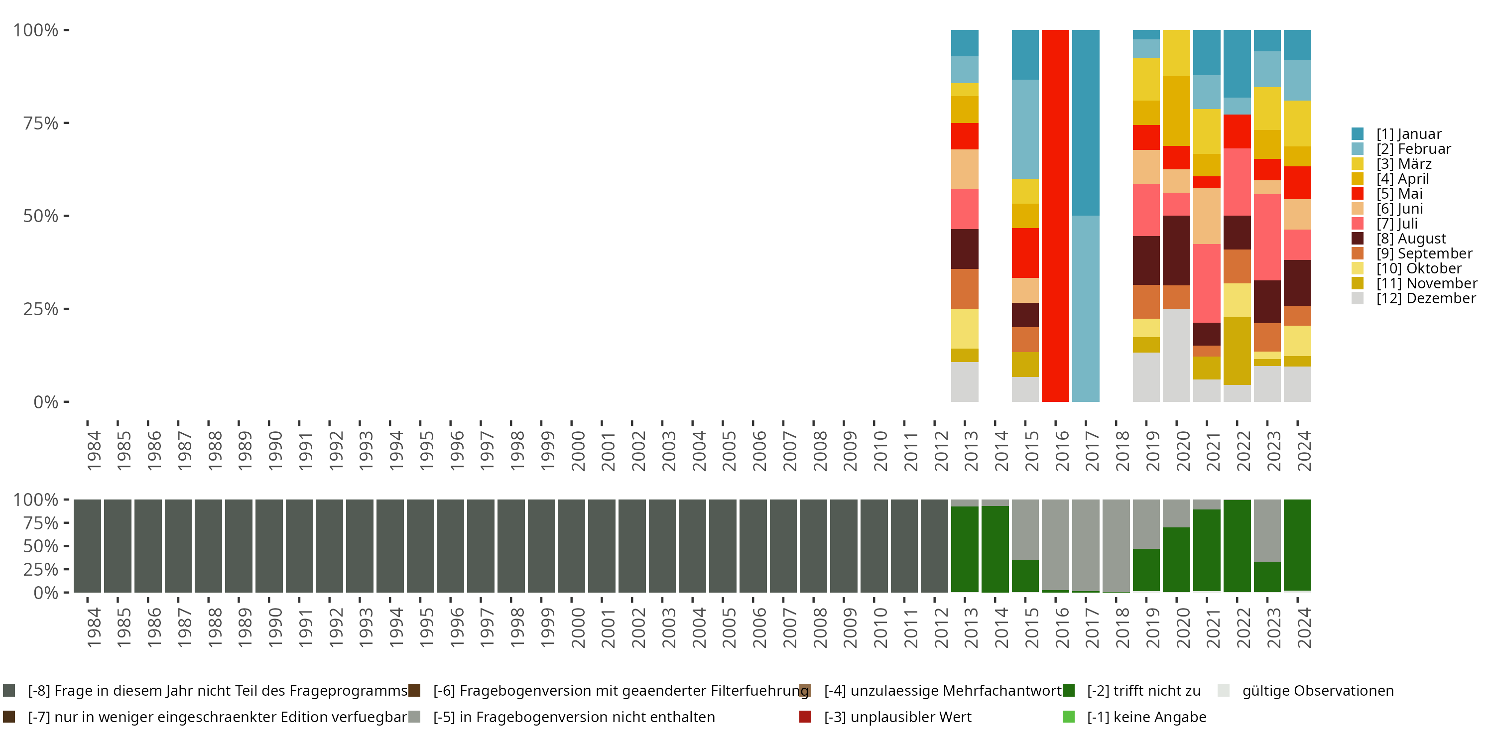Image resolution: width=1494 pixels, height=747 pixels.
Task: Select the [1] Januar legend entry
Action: tap(1408, 134)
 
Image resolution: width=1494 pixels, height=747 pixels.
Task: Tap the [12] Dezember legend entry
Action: tap(1426, 298)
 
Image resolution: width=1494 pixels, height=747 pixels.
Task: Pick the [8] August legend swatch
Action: tap(1358, 239)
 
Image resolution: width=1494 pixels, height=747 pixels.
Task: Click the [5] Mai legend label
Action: tap(1399, 194)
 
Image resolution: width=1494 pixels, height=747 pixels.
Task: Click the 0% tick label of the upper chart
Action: tap(46, 402)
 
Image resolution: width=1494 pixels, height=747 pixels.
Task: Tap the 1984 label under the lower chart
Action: tap(94, 627)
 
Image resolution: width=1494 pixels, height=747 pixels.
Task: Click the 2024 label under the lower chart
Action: tap(1303, 627)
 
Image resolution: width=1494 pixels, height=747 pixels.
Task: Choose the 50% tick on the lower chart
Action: tap(41, 546)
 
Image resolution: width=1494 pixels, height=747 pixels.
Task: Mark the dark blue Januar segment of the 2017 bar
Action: tap(1086, 123)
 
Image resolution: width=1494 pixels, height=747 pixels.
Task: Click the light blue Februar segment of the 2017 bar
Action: tap(1086, 309)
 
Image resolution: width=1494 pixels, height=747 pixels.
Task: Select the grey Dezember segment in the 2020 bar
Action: tap(1176, 355)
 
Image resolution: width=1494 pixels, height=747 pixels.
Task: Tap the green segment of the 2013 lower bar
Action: tap(965, 549)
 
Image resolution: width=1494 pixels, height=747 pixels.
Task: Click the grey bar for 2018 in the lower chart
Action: tap(1116, 545)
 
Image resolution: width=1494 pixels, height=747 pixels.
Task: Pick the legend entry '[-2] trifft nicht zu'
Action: tap(1143, 691)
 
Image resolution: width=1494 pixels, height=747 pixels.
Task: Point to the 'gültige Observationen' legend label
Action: tap(1317, 691)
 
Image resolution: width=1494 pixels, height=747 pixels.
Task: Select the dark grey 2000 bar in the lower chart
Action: tap(571, 546)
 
